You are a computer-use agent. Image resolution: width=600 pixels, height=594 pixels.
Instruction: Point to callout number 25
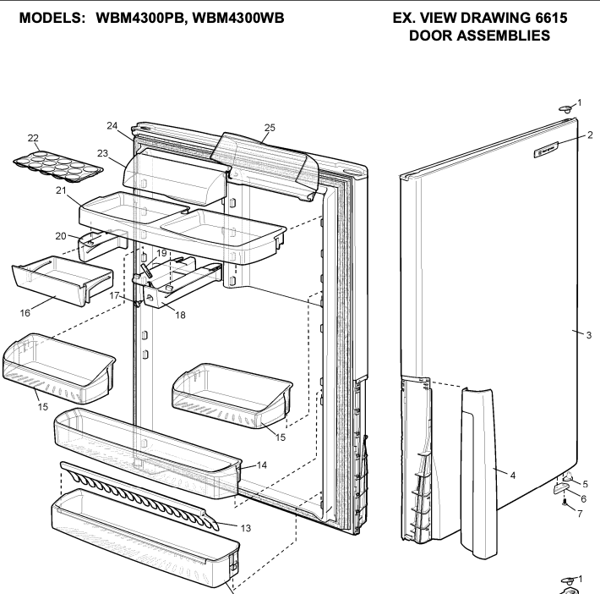270,128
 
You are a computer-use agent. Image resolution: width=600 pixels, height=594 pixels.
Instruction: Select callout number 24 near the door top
112,125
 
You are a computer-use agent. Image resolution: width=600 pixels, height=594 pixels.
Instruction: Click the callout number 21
61,192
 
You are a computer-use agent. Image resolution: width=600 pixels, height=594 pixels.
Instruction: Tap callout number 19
161,253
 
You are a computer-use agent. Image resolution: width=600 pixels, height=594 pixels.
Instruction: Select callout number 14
262,465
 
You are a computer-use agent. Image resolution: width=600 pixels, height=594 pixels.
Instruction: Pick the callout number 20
60,236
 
